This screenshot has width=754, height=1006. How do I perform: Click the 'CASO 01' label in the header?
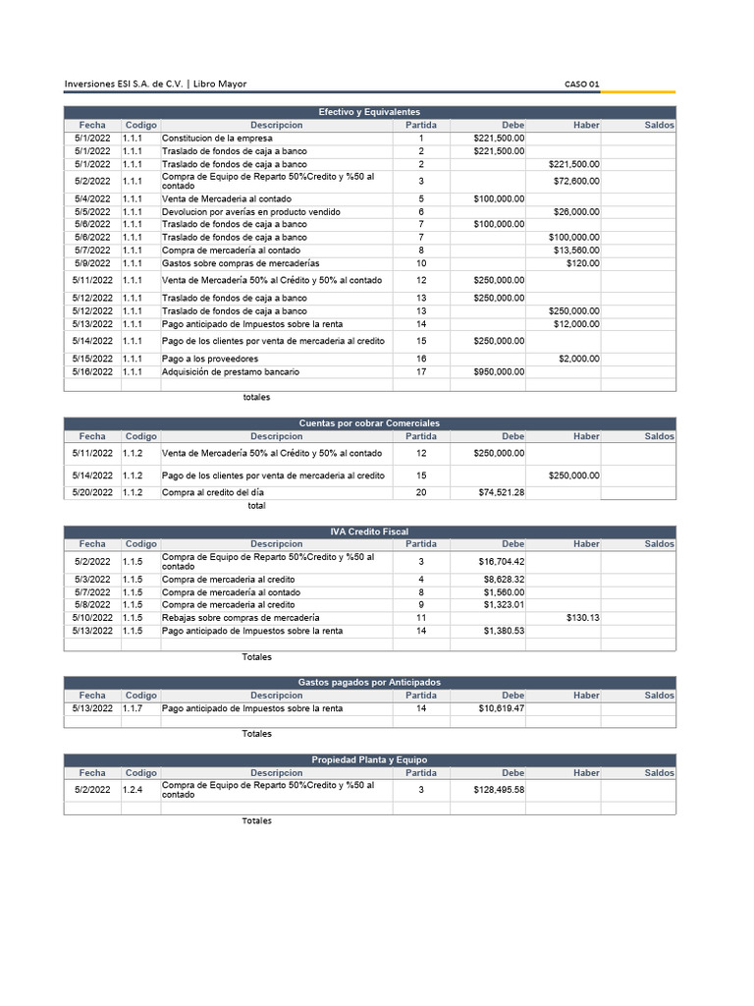click(x=581, y=84)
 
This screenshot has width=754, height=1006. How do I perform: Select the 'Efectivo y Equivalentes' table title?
click(x=369, y=112)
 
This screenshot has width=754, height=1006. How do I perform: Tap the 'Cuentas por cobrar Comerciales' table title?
click(x=369, y=422)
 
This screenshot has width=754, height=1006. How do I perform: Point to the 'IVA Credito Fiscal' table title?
click(x=369, y=531)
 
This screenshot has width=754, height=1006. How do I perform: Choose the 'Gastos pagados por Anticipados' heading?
click(x=369, y=682)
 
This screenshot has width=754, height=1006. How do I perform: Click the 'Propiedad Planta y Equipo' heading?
click(x=369, y=759)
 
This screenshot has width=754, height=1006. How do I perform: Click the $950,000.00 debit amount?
click(x=499, y=372)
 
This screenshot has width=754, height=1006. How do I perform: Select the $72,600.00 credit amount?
click(x=575, y=181)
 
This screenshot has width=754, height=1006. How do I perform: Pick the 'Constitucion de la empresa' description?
click(x=217, y=139)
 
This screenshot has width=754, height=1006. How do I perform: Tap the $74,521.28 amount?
click(x=501, y=492)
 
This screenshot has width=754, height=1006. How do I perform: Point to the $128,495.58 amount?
click(x=499, y=789)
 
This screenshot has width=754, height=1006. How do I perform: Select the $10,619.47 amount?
click(x=501, y=707)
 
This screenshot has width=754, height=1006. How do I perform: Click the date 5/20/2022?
click(x=92, y=492)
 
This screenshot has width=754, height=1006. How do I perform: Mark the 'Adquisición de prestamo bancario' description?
click(x=231, y=372)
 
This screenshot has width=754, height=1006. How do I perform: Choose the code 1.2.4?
click(x=133, y=789)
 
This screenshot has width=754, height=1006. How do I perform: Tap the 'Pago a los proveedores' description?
click(x=210, y=359)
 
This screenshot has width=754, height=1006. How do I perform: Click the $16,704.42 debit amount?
click(x=501, y=561)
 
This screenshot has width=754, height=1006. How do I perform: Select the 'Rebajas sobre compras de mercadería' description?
click(x=240, y=618)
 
